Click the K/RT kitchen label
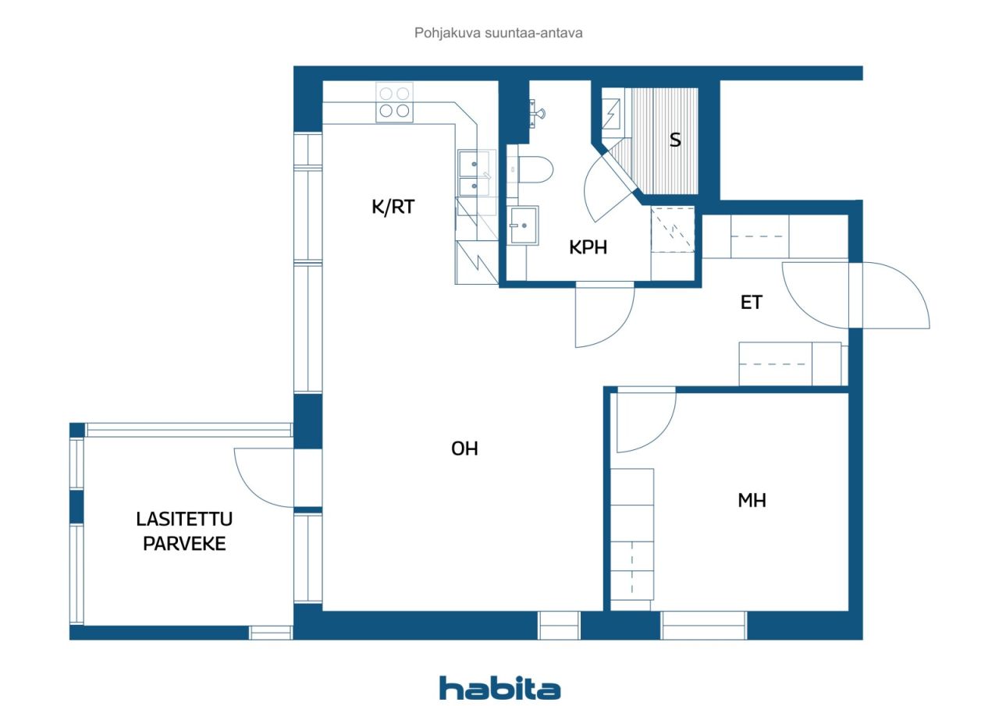tap(393, 208)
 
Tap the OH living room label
tap(464, 449)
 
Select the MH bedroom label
tap(752, 501)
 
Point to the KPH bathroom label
tap(588, 247)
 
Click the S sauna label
tap(675, 140)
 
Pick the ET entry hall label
tap(751, 303)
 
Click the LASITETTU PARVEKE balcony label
tap(184, 531)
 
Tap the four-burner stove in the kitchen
tap(394, 102)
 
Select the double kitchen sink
tap(475, 173)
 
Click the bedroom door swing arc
tap(645, 421)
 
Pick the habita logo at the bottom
tap(499, 688)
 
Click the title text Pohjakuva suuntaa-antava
tap(499, 34)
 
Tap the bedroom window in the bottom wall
tap(704, 625)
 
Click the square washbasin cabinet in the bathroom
tap(524, 225)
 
